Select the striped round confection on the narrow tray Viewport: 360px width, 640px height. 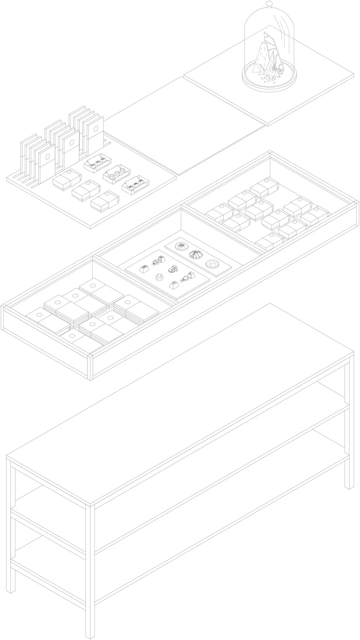(195, 255)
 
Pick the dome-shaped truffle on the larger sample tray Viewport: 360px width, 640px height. (160, 277)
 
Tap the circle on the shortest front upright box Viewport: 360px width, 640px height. (47, 156)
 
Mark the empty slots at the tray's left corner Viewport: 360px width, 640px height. (22, 179)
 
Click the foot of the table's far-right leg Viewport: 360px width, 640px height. (349, 486)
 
